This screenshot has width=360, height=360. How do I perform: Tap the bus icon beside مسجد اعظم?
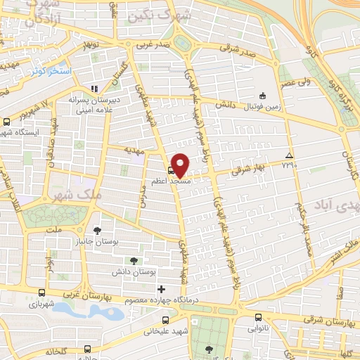pos(171,169)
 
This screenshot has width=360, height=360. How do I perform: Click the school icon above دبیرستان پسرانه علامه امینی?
pos(94,89)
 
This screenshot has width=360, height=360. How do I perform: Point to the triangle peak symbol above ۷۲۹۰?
pos(289,155)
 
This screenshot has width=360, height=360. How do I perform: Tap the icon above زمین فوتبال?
pos(262,96)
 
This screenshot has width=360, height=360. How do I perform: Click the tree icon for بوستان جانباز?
pos(98,230)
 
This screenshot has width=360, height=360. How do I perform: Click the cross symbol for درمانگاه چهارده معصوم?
pos(161,289)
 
